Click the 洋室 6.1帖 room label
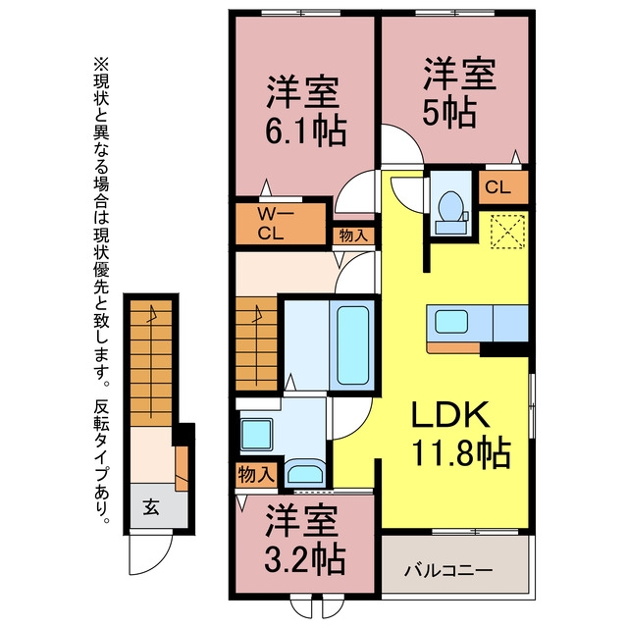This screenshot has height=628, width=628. (304, 112)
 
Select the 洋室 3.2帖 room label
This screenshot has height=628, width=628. (303, 541)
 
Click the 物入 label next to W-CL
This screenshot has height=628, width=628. (353, 235)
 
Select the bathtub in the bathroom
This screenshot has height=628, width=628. (352, 346)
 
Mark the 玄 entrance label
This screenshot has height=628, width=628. (151, 507)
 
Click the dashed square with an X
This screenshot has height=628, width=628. (506, 234)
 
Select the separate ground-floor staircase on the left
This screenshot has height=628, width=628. (151, 363)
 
